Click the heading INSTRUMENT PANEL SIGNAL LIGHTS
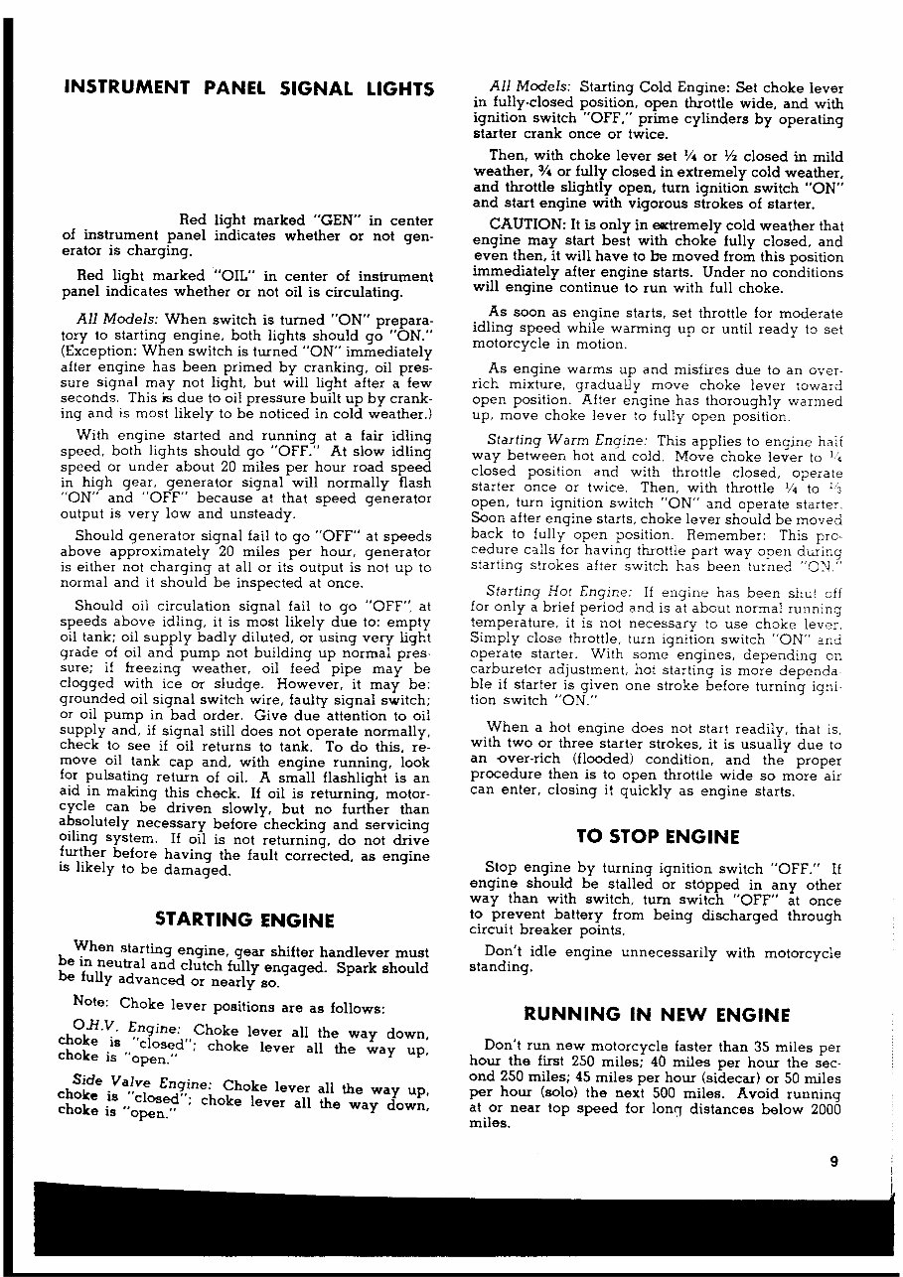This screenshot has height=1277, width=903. tap(247, 89)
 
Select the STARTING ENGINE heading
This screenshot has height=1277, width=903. tap(245, 920)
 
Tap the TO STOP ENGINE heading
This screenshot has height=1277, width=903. tap(658, 836)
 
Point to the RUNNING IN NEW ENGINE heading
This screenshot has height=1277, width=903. tap(657, 1014)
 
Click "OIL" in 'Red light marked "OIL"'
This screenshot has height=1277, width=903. tap(233, 276)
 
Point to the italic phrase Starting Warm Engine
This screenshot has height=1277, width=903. tap(567, 440)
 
